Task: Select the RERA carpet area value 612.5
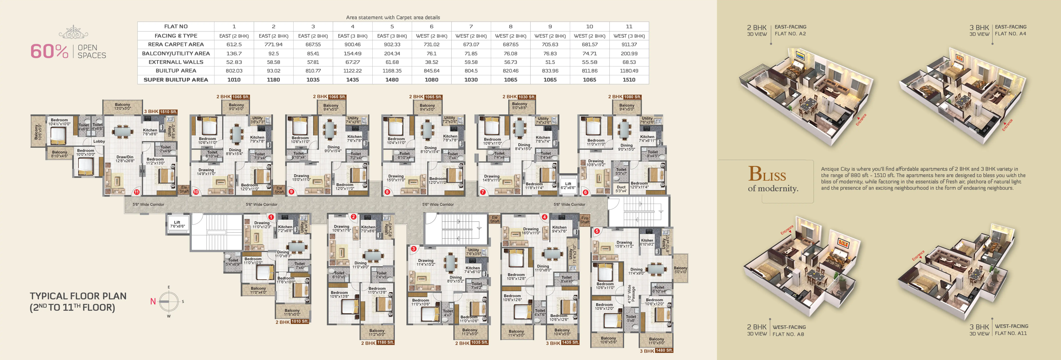[x=234, y=44]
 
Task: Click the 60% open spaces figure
[x=49, y=52]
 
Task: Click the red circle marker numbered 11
[x=136, y=192]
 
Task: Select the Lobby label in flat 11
[x=99, y=141]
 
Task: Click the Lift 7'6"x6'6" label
[x=177, y=224]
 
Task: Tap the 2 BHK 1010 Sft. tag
[x=292, y=322]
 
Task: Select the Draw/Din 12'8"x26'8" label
[x=124, y=159]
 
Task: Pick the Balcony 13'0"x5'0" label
[x=122, y=106]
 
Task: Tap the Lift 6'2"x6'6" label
[x=568, y=185]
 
